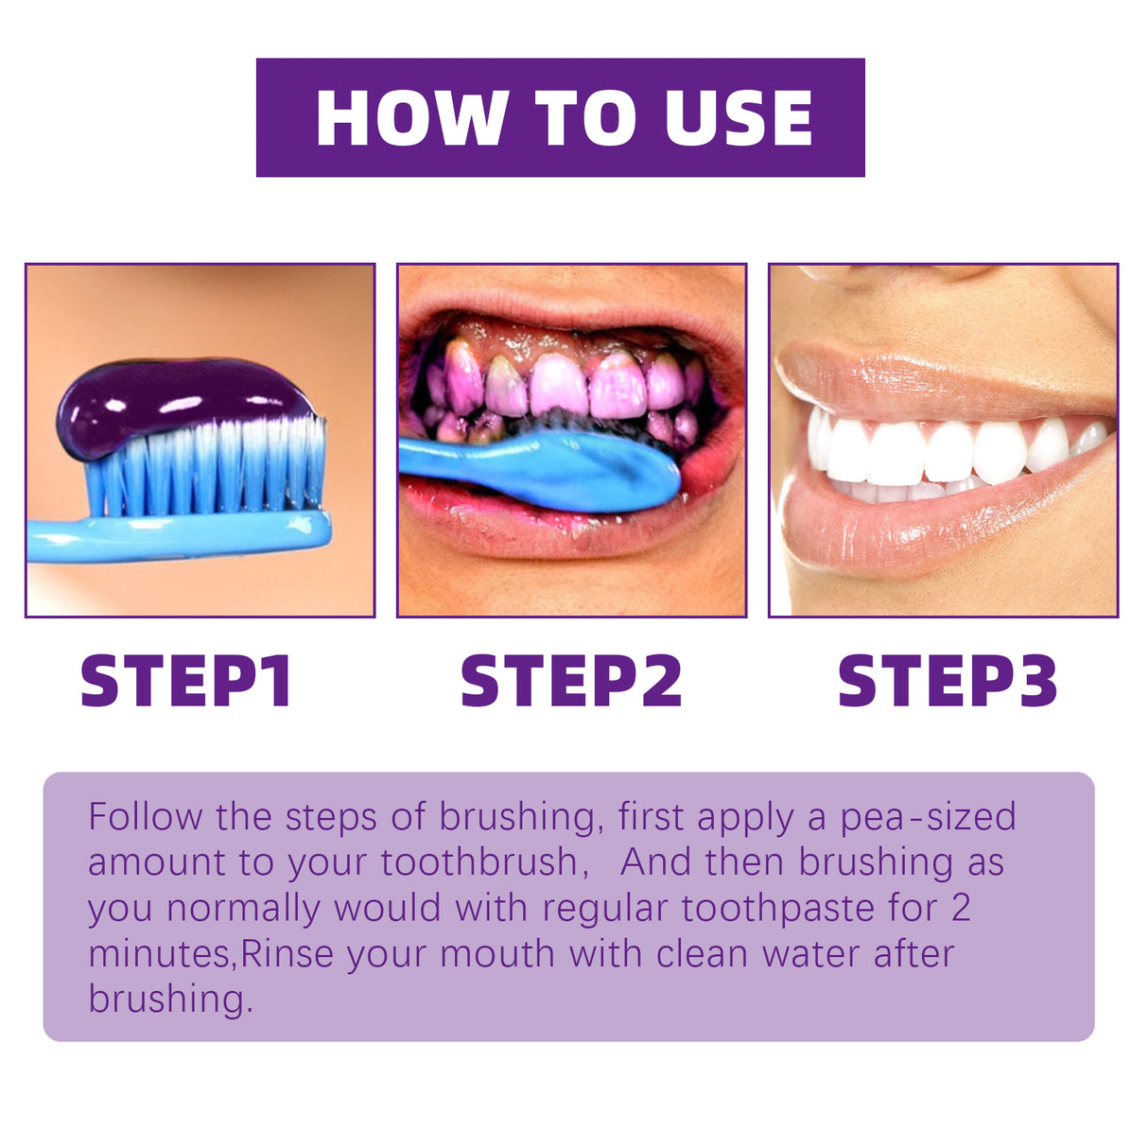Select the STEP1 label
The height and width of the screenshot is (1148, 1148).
click(186, 681)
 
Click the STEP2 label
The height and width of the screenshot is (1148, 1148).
click(570, 681)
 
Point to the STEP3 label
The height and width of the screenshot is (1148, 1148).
click(947, 681)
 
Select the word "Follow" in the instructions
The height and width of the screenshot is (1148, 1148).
click(145, 817)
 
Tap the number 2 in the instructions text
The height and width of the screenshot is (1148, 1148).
click(960, 908)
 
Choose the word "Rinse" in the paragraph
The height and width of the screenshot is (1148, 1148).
click(287, 953)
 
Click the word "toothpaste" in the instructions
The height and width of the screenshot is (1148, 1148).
click(778, 908)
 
